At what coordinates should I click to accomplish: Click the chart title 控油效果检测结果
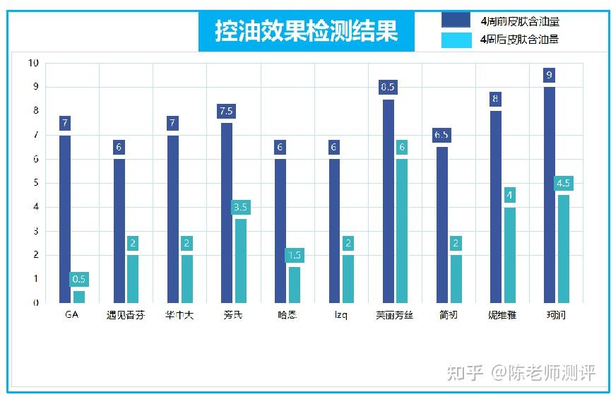click(306, 32)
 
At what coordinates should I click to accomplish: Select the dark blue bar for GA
click(65, 218)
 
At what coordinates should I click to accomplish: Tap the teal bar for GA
click(79, 297)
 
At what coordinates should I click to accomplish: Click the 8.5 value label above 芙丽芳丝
click(388, 88)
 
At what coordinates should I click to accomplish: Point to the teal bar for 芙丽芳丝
click(402, 230)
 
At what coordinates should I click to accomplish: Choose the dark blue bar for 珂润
click(550, 194)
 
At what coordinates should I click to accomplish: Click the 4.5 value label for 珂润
click(564, 184)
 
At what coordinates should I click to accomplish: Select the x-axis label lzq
click(340, 315)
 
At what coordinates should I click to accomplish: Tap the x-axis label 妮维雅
click(502, 315)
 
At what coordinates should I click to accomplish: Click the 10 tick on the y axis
click(33, 63)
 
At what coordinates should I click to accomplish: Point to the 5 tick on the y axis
click(35, 183)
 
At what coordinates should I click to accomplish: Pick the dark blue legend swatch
click(456, 20)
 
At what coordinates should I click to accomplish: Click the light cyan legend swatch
click(456, 40)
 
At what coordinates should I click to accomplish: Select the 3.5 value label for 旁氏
click(240, 208)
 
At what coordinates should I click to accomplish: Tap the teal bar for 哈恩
click(295, 285)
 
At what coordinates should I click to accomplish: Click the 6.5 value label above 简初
click(441, 135)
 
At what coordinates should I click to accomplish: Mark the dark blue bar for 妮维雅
click(496, 206)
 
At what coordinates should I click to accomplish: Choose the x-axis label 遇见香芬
click(126, 315)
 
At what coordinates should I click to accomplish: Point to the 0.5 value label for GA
click(79, 279)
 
